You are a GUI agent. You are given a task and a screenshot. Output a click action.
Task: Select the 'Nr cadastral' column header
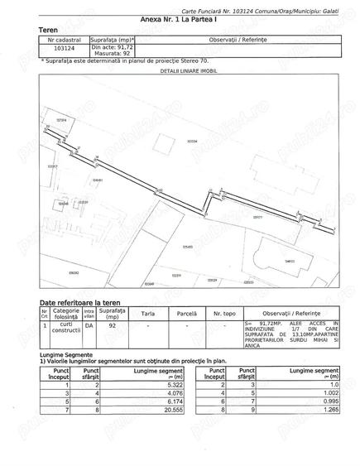[64, 38]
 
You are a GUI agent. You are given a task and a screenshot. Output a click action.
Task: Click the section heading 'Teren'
[49, 29]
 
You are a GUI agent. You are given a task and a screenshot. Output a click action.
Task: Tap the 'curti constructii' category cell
[66, 327]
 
